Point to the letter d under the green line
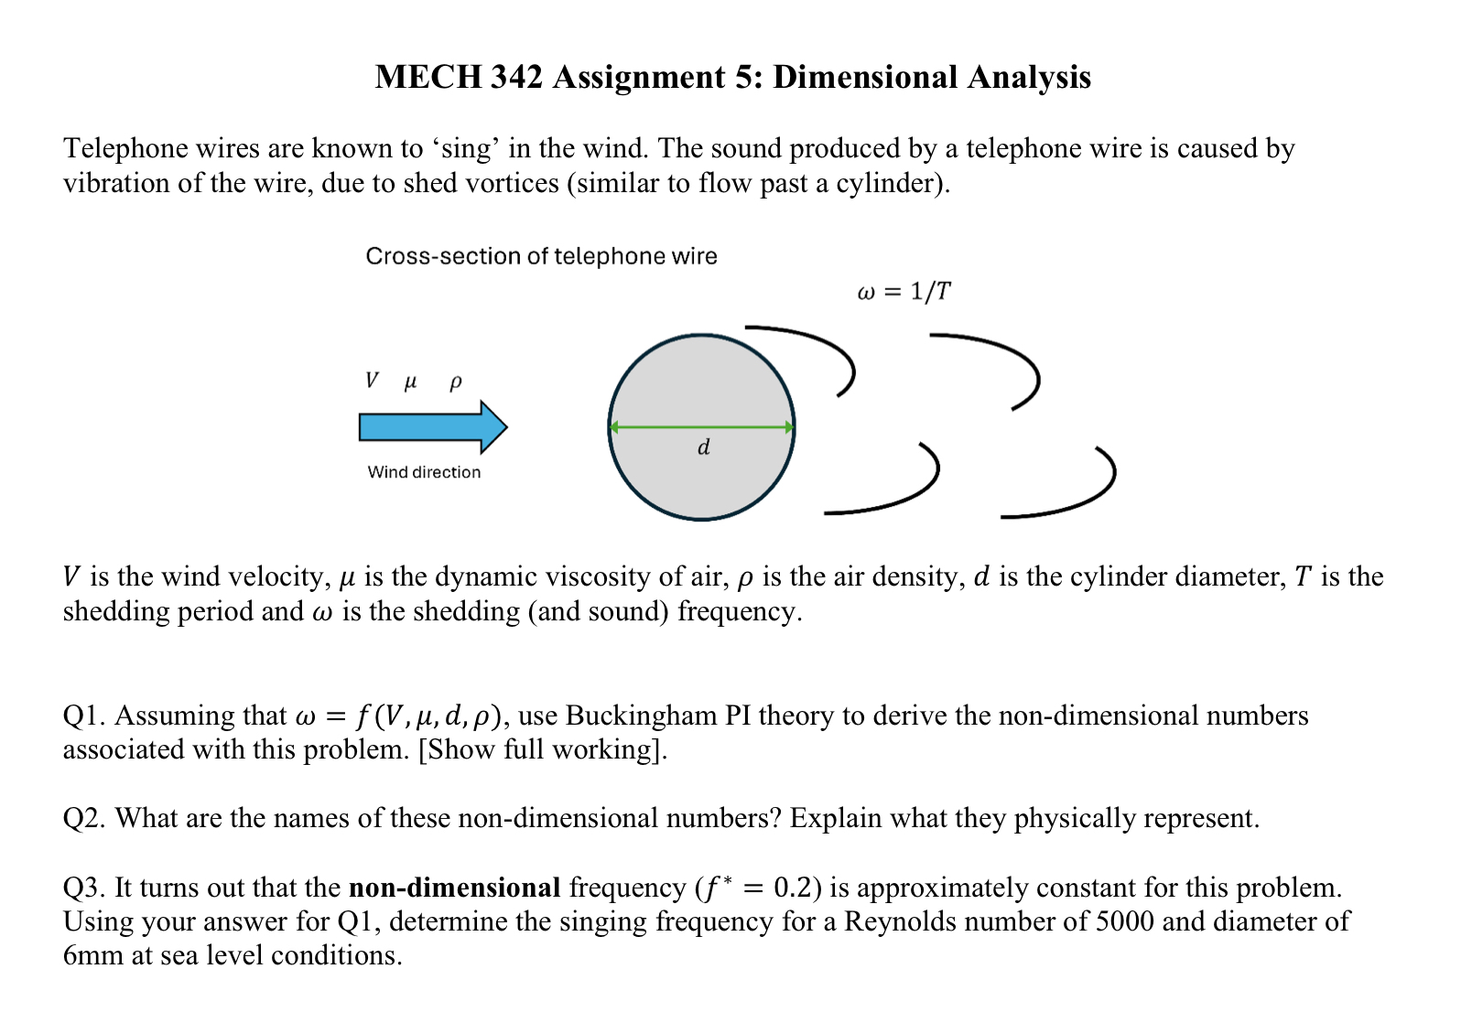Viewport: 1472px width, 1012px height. point(703,447)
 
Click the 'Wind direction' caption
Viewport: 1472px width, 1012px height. point(424,472)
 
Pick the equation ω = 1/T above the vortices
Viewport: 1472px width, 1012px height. point(904,292)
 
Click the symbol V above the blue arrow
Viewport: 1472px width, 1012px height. point(371,381)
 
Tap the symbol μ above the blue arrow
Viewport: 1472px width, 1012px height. point(410,382)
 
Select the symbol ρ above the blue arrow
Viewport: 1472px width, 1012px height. point(455,382)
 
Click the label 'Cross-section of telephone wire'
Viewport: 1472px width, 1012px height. point(541,256)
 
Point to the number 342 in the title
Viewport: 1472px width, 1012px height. point(517,77)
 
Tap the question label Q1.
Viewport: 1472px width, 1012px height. point(83,716)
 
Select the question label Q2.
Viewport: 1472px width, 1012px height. point(83,818)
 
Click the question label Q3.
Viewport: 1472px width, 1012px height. point(83,888)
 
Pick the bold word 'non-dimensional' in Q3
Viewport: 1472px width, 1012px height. point(455,888)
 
